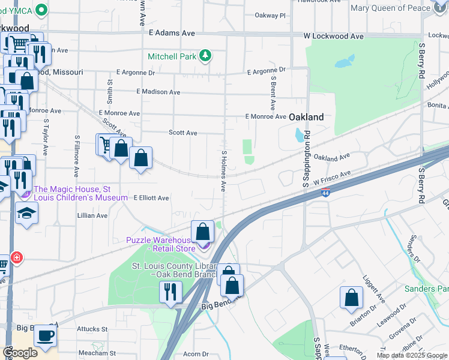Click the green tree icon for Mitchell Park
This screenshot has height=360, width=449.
[x=206, y=56]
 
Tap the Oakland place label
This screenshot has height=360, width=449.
[x=307, y=117]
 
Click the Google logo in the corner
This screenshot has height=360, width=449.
[x=20, y=353]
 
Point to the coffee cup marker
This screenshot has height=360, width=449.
[x=45, y=335]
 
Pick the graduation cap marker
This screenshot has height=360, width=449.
[x=27, y=213]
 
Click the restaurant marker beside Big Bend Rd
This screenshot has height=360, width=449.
[x=170, y=292]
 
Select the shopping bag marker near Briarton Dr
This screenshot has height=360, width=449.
[x=351, y=298]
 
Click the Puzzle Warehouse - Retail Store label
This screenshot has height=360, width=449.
[x=161, y=244]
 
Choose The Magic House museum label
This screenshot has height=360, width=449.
[x=80, y=193]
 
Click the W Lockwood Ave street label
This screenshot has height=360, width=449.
[x=333, y=37]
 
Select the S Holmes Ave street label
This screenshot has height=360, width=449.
[x=223, y=170]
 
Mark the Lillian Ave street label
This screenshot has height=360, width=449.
[x=92, y=215]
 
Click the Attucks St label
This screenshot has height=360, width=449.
[x=92, y=329]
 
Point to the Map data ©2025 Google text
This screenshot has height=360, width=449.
[x=411, y=355]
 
